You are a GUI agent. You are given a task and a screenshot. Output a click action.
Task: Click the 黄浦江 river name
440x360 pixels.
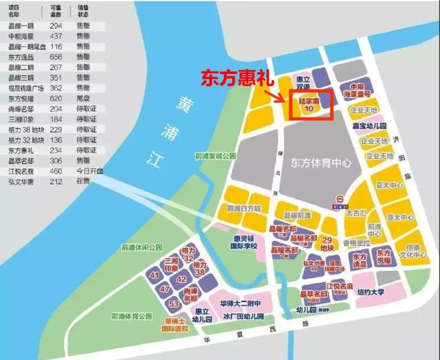tap(160, 128)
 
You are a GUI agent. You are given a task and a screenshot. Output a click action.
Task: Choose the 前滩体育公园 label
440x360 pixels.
tap(131, 316)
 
